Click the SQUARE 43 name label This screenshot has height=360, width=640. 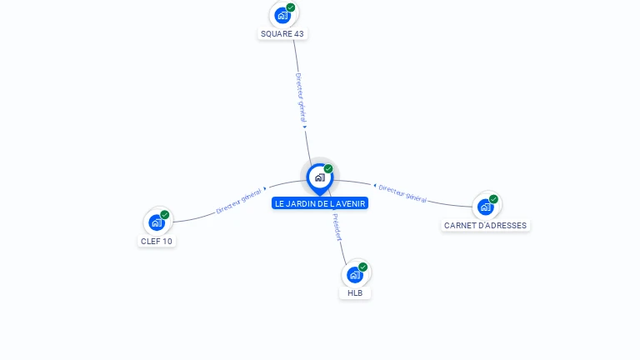pyautogui.click(x=282, y=34)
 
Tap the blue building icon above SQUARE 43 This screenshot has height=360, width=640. pyautogui.click(x=282, y=15)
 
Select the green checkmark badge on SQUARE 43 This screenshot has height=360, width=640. pyautogui.click(x=291, y=7)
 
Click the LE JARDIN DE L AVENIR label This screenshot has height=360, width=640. pyautogui.click(x=320, y=203)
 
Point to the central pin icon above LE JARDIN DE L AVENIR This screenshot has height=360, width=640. pyautogui.click(x=319, y=177)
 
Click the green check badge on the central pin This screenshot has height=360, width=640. pyautogui.click(x=328, y=169)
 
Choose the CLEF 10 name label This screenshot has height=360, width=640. pyautogui.click(x=157, y=242)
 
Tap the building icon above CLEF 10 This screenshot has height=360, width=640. pyautogui.click(x=156, y=222)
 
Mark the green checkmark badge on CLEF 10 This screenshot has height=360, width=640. pyautogui.click(x=165, y=215)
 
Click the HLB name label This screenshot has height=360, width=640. pyautogui.click(x=355, y=293)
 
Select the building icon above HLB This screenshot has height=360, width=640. pyautogui.click(x=355, y=274)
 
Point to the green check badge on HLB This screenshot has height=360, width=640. pyautogui.click(x=363, y=267)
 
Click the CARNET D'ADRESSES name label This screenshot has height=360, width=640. pyautogui.click(x=486, y=226)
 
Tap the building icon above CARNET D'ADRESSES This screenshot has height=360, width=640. pyautogui.click(x=485, y=207)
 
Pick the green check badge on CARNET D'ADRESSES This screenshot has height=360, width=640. pyautogui.click(x=494, y=199)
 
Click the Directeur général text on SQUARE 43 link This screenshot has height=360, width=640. pyautogui.click(x=301, y=97)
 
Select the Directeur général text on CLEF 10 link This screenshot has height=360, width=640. pyautogui.click(x=239, y=201)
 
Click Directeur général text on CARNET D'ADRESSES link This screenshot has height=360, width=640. pyautogui.click(x=402, y=194)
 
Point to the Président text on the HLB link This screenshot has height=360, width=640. pyautogui.click(x=337, y=227)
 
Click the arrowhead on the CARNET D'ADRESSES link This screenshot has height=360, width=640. pyautogui.click(x=375, y=186)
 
